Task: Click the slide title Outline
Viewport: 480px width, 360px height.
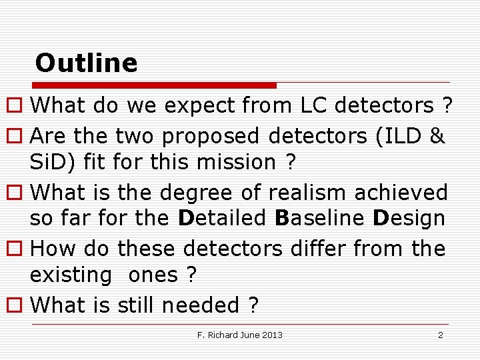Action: [86, 63]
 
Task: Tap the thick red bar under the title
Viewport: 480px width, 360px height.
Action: [155, 85]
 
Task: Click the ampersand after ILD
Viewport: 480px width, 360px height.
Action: [437, 136]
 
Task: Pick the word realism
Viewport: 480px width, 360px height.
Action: [308, 193]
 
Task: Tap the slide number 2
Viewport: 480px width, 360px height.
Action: [440, 335]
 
